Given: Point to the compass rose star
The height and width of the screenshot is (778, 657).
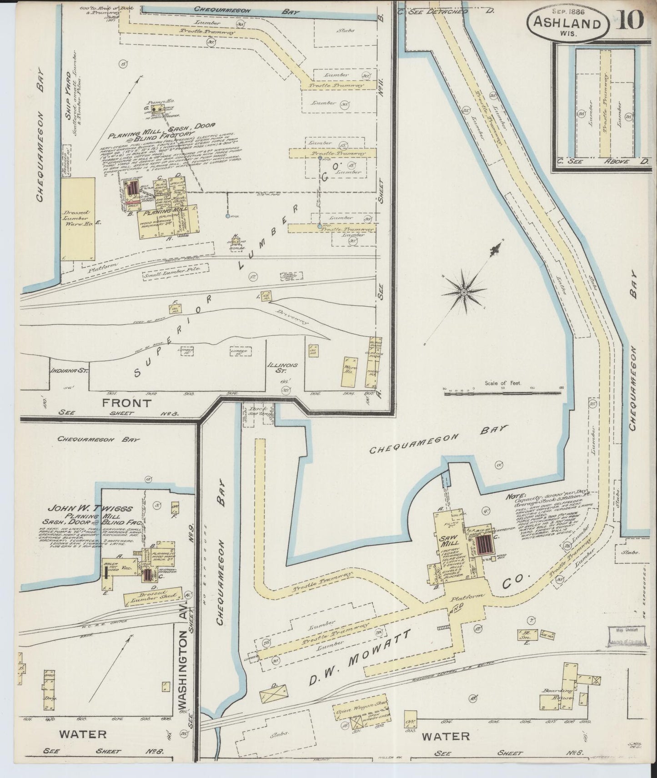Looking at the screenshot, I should [463, 291].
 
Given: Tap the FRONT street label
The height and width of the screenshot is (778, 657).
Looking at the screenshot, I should [120, 403].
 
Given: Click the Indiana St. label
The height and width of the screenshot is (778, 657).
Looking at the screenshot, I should [68, 370].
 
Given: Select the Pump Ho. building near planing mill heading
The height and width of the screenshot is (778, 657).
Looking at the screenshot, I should [156, 109].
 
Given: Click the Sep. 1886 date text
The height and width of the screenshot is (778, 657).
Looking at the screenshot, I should [568, 9].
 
